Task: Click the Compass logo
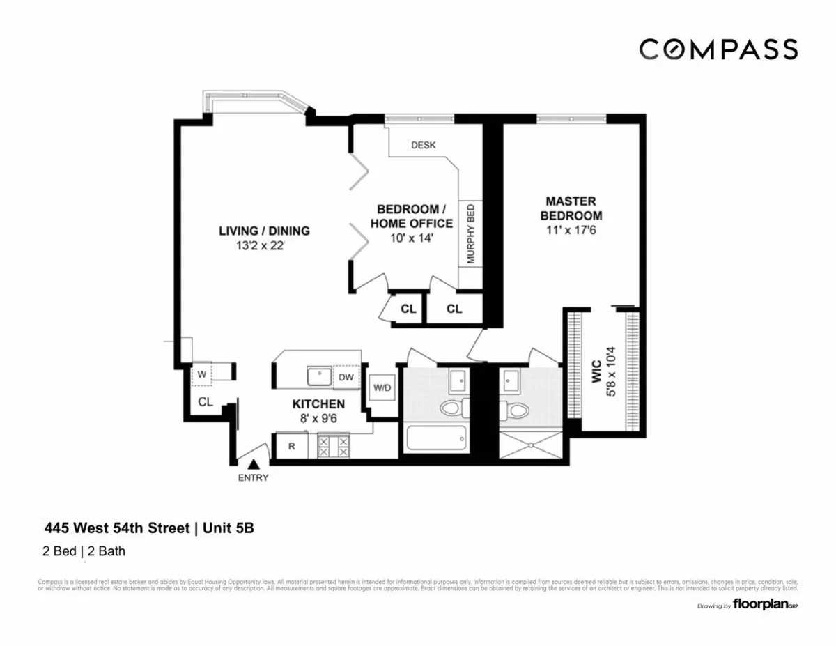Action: point(718,49)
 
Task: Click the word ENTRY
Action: point(253,478)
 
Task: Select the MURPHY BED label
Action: point(470,233)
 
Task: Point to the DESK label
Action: point(423,145)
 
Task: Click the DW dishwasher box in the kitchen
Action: point(346,377)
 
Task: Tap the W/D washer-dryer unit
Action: point(382,387)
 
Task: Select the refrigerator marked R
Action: point(293,446)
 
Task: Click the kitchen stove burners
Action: point(334,446)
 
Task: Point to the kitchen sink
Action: point(319,376)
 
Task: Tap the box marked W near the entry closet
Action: point(202,374)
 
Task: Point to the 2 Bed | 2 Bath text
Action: point(84,551)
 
